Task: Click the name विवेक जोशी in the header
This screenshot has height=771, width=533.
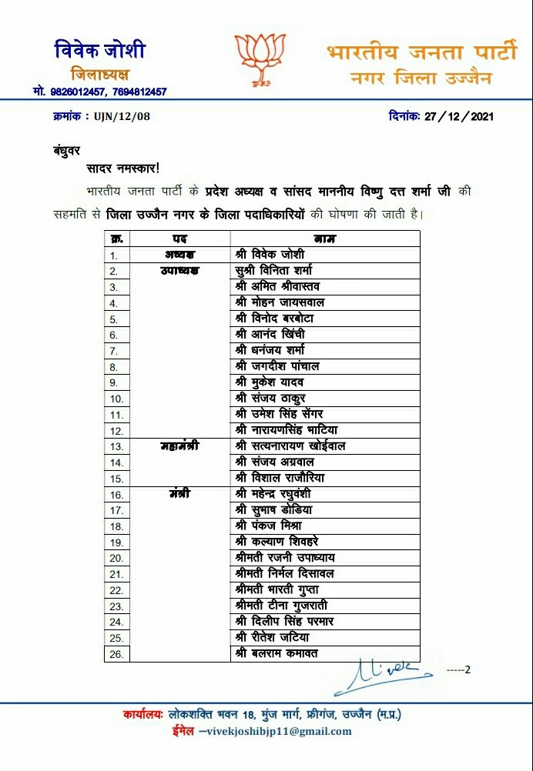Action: tap(100, 51)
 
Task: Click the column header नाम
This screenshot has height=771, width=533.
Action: tap(325, 239)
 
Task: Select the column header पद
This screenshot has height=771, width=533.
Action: tap(180, 239)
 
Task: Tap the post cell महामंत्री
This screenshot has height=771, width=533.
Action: tap(180, 446)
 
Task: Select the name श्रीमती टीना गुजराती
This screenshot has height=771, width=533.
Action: tap(283, 605)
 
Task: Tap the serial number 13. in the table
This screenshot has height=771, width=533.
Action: tap(116, 446)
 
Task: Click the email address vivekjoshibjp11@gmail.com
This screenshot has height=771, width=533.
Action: tap(280, 731)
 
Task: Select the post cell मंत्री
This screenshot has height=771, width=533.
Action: tap(180, 493)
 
